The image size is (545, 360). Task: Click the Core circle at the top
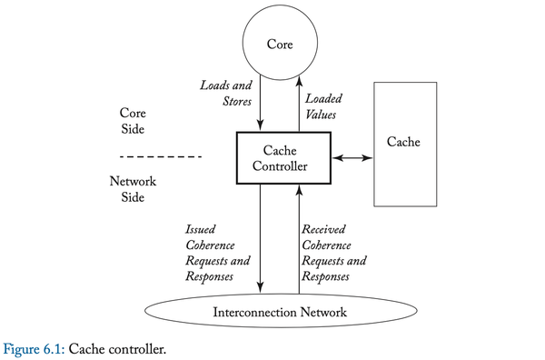click(x=280, y=43)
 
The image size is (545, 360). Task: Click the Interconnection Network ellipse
click(x=280, y=313)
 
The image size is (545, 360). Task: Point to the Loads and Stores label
click(x=226, y=94)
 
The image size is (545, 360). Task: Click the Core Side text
click(x=133, y=121)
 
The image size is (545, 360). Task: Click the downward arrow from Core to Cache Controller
click(x=262, y=105)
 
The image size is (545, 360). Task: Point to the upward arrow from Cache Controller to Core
click(x=299, y=105)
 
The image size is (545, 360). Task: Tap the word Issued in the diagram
click(x=200, y=229)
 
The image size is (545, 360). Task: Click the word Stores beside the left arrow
click(x=237, y=101)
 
